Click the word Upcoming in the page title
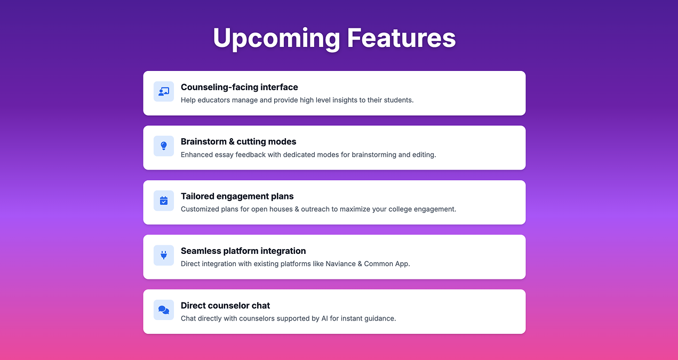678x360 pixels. pos(276,38)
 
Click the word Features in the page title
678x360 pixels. pos(401,38)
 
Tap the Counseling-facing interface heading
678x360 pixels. pos(239,87)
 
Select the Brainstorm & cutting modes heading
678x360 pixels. pos(238,141)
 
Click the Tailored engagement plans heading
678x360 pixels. pos(237,196)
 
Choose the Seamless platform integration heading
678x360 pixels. pos(243,251)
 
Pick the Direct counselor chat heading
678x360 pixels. pos(225,306)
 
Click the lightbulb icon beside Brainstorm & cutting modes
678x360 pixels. pos(164,146)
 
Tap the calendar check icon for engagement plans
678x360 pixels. pos(164,201)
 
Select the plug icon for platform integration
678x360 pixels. pos(164,255)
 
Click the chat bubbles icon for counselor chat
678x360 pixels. pos(164,310)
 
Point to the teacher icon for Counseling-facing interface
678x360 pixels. pos(164,91)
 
